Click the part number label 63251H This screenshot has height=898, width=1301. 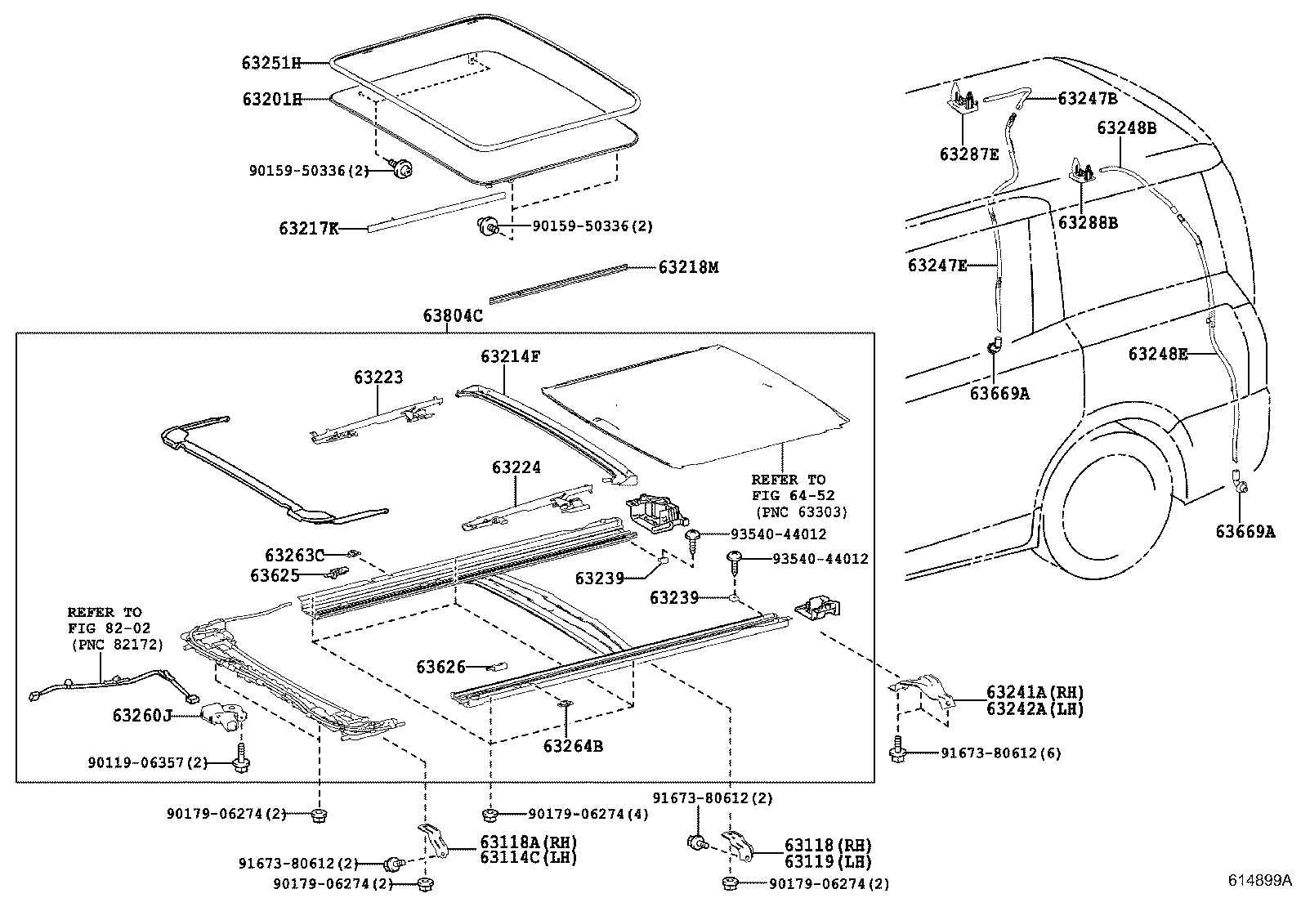271,62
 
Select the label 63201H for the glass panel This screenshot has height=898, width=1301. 271,100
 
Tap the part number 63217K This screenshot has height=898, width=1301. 308,229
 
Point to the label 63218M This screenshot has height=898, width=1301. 688,267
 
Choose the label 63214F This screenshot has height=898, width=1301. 510,356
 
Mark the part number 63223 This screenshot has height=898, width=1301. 378,378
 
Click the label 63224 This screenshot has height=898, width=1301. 516,468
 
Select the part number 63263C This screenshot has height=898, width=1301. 294,556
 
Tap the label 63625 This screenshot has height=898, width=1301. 275,575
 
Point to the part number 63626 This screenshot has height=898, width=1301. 440,667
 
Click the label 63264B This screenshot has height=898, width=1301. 573,746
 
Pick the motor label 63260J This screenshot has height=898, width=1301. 142,717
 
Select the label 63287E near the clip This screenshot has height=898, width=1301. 968,154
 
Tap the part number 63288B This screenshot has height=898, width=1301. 1088,222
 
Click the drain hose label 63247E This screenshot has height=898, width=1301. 937,266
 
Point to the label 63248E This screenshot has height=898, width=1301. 1158,354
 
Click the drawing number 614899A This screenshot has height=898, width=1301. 1260,881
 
